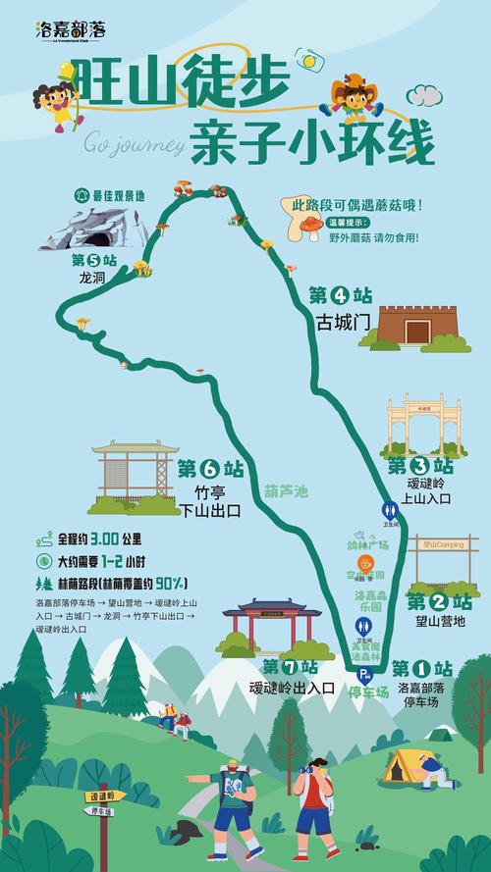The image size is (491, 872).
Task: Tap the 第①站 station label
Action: point(425,668)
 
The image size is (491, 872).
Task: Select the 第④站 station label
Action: point(341,294)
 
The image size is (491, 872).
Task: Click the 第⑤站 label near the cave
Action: point(94,260)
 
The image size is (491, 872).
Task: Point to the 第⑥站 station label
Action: point(210,469)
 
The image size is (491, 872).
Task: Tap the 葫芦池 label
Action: point(286,490)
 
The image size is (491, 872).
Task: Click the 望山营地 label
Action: point(441,621)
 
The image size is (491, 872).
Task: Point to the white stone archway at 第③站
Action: point(424,423)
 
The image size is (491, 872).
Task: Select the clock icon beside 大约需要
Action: point(43,562)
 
